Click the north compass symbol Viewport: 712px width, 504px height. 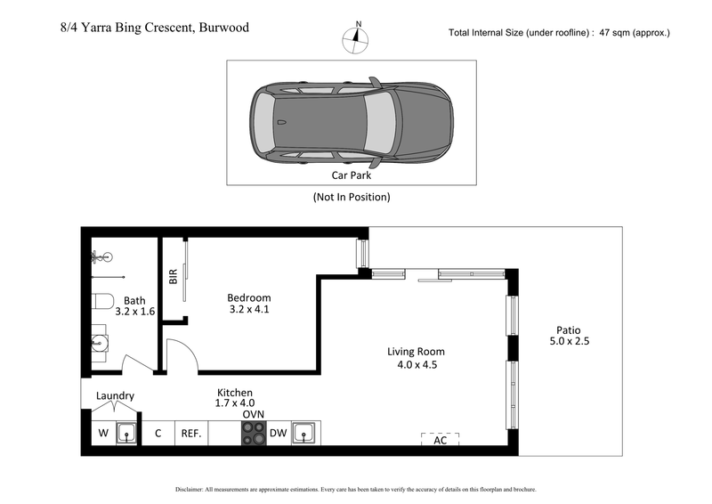357,37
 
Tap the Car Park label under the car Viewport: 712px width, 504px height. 351,176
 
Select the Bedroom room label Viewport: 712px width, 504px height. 249,297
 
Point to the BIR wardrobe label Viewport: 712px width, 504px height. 174,276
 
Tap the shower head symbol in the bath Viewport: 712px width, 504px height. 97,258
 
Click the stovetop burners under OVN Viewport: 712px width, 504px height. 253,434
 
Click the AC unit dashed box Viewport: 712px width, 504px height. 440,439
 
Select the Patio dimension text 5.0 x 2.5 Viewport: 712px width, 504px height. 570,341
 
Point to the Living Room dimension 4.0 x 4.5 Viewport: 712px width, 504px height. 417,364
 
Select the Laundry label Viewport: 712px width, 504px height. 116,395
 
